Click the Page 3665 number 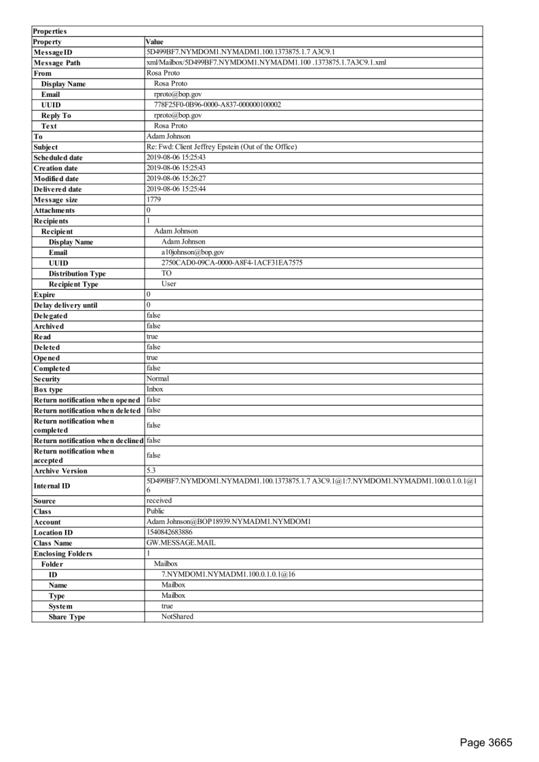pyautogui.click(x=485, y=742)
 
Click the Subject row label pyautogui.click(x=45, y=147)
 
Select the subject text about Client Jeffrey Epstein pyautogui.click(x=221, y=147)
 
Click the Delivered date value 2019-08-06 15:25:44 pyautogui.click(x=177, y=189)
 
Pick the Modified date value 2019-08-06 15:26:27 pyautogui.click(x=177, y=178)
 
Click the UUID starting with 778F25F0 pyautogui.click(x=218, y=105)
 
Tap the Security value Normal pyautogui.click(x=158, y=379)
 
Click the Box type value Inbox pyautogui.click(x=155, y=389)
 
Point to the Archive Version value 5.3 pyautogui.click(x=151, y=470)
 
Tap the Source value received pyautogui.click(x=160, y=501)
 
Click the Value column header pyautogui.click(x=155, y=42)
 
